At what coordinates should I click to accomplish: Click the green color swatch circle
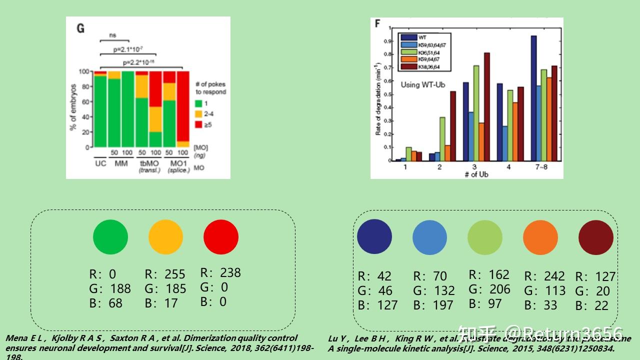[x=110, y=236]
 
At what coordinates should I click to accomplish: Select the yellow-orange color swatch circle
[x=165, y=236]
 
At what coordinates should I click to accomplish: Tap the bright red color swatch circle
[x=221, y=236]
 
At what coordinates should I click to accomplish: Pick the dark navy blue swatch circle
[x=374, y=236]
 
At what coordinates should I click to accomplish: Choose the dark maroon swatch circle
[x=595, y=237]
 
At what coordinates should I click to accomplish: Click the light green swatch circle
[x=484, y=237]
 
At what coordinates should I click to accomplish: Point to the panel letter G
[x=80, y=28]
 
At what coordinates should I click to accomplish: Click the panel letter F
[x=377, y=23]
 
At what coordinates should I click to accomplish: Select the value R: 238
[x=220, y=272]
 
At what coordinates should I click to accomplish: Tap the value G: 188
[x=110, y=288]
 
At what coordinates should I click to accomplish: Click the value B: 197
[x=434, y=305]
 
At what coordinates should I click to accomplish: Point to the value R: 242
[x=544, y=276]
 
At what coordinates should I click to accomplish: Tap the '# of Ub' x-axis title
[x=476, y=174]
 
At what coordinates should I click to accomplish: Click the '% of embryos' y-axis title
[x=73, y=107]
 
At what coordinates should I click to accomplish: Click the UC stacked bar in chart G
[x=100, y=109]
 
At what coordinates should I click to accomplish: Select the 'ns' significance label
[x=113, y=35]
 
